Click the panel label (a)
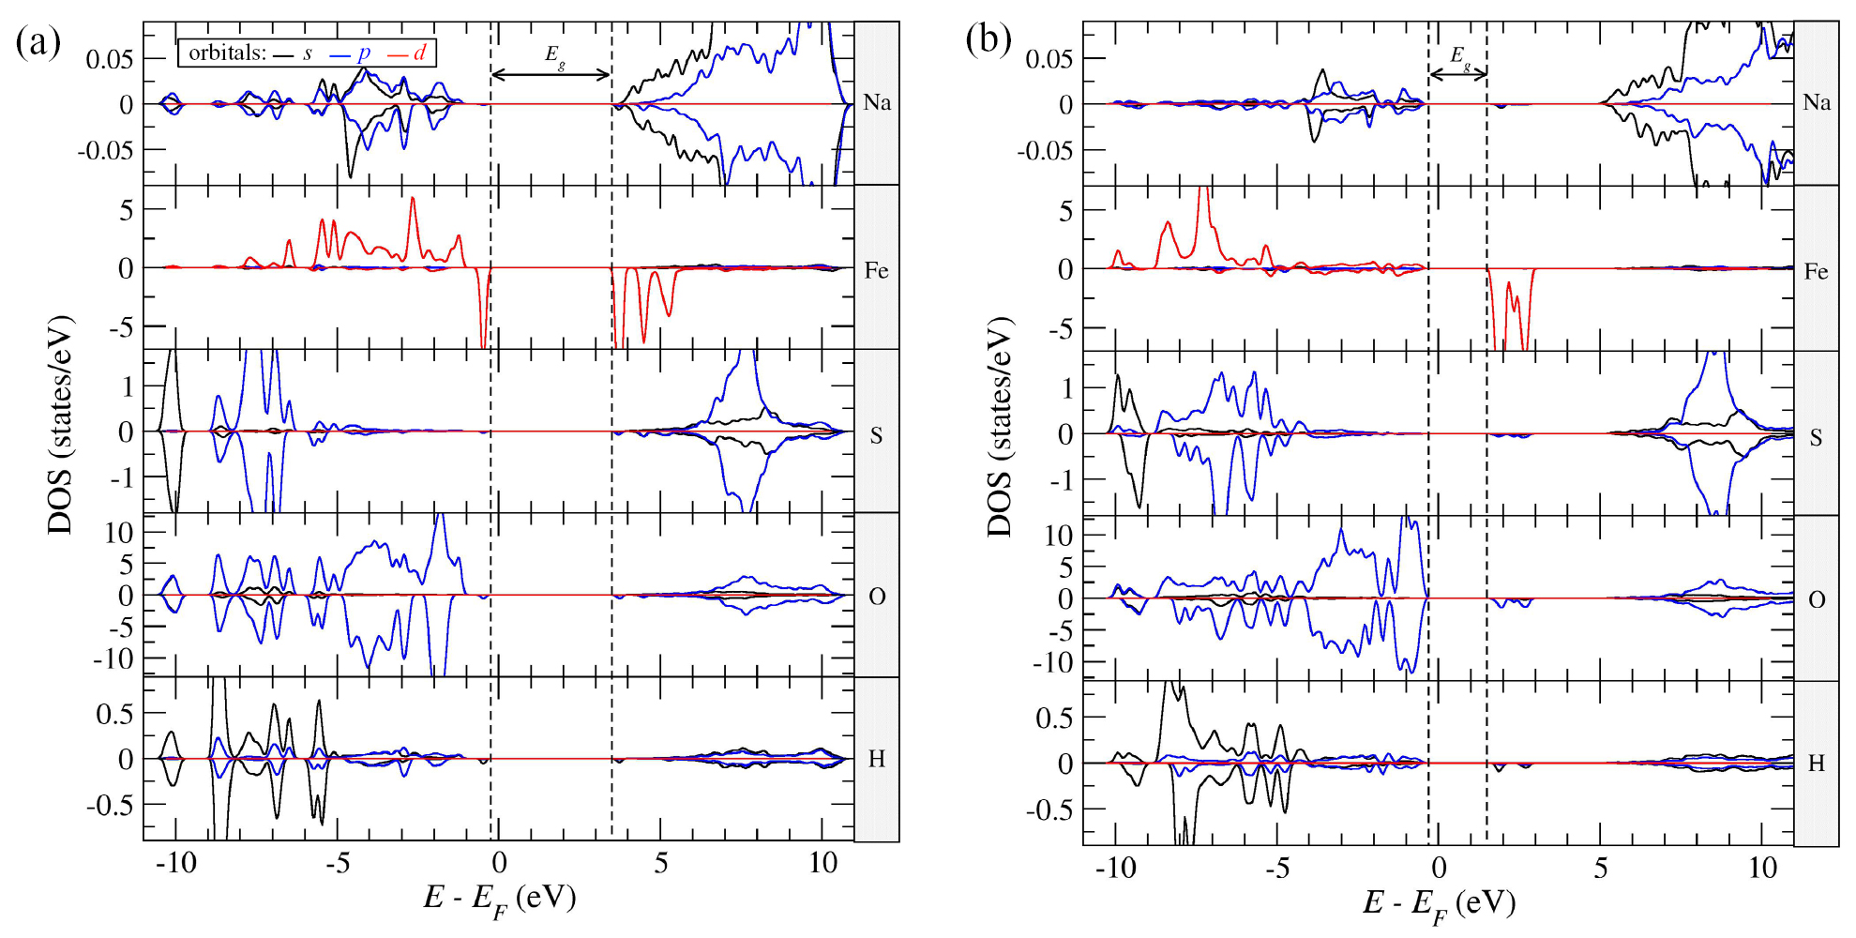point(38,42)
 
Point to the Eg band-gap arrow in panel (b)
point(1457,74)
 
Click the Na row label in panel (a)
point(877,102)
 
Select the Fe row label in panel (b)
point(1816,272)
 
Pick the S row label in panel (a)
point(876,435)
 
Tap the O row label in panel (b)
point(1817,600)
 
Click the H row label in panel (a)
point(876,759)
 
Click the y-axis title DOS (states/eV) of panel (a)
point(61,426)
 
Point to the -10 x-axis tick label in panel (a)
point(175,863)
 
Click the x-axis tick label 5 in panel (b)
point(1601,868)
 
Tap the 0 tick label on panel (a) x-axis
point(499,863)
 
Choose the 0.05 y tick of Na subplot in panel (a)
point(110,60)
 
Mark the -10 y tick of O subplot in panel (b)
point(1051,663)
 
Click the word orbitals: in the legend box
point(227,53)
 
